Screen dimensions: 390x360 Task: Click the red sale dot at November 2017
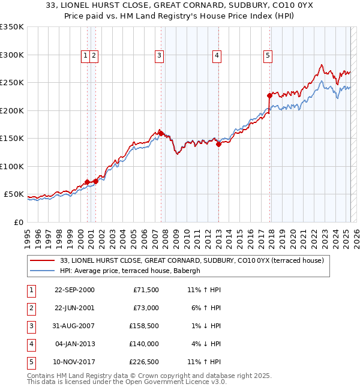pyautogui.click(x=270, y=95)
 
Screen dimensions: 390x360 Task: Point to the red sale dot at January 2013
pyautogui.click(x=218, y=143)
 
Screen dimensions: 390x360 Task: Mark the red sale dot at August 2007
pyautogui.click(x=161, y=133)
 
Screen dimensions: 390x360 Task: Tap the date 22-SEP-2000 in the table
pyautogui.click(x=74, y=290)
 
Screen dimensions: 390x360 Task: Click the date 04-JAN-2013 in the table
pyautogui.click(x=75, y=344)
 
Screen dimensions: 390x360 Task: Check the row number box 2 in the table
pyautogui.click(x=31, y=308)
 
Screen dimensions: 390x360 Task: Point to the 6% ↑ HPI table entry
pyautogui.click(x=205, y=308)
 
